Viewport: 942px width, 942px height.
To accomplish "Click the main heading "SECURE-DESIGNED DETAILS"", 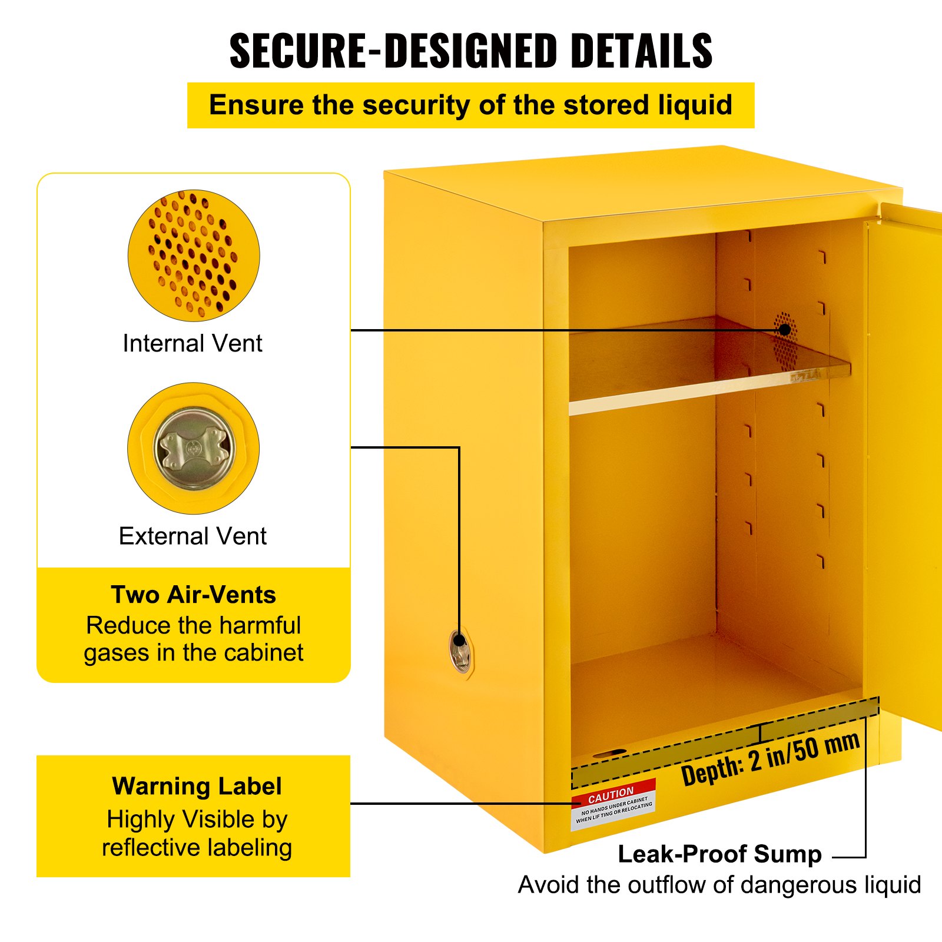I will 470,51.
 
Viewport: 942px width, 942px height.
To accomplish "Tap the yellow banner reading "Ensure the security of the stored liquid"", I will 470,105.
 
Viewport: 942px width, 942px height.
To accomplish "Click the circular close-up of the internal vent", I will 194,256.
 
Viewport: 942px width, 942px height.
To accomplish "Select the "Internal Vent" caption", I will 193,343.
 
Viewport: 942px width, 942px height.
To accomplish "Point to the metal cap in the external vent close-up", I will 194,449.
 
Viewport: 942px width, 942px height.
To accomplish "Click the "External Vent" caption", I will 193,536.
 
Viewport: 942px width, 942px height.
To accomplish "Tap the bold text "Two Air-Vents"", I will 194,595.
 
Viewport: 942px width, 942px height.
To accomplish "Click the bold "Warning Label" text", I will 197,787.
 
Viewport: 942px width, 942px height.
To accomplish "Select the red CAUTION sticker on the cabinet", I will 613,804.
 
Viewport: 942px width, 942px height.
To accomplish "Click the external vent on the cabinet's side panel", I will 460,651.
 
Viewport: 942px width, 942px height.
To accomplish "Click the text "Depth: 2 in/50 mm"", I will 770,759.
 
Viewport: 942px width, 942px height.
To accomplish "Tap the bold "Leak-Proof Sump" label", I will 719,854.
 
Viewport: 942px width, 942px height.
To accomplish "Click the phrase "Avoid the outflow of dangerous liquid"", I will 719,885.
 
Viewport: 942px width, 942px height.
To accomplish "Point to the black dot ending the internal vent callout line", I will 785,330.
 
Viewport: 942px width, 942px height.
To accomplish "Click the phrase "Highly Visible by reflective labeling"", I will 197,834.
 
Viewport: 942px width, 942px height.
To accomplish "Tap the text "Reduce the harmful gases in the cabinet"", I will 194,639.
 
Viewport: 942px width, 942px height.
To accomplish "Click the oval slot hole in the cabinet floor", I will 609,753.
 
